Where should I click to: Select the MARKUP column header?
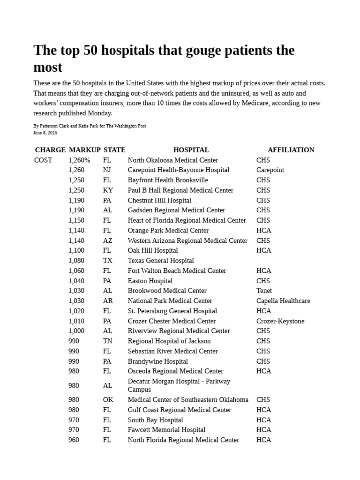pyautogui.click(x=84, y=150)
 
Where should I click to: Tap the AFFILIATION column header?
pyautogui.click(x=291, y=150)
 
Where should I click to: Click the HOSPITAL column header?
pyautogui.click(x=191, y=150)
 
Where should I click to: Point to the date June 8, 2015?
pyautogui.click(x=45, y=133)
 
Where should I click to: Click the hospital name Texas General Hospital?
pyautogui.click(x=160, y=261)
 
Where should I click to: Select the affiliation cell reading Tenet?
pyautogui.click(x=264, y=291)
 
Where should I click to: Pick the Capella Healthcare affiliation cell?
pyautogui.click(x=283, y=301)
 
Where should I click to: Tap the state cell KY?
pyautogui.click(x=108, y=190)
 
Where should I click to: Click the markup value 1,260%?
pyautogui.click(x=79, y=160)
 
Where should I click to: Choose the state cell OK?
pyautogui.click(x=108, y=400)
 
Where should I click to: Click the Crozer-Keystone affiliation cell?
pyautogui.click(x=280, y=321)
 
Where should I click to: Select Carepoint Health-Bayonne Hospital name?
pyautogui.click(x=178, y=170)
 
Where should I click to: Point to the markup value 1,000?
pyautogui.click(x=76, y=331)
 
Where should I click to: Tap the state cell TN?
pyautogui.click(x=108, y=341)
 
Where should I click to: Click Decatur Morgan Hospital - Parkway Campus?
pyautogui.click(x=179, y=385)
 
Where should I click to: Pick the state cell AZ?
pyautogui.click(x=108, y=240)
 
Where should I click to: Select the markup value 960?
pyautogui.click(x=74, y=440)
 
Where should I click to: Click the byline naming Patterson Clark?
pyautogui.click(x=90, y=126)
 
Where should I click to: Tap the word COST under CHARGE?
pyautogui.click(x=43, y=160)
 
